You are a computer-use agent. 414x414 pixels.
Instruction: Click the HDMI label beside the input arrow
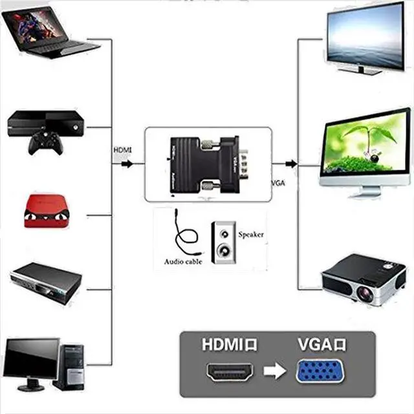coord(122,150)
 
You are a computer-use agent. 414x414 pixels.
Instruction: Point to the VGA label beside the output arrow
coord(279,183)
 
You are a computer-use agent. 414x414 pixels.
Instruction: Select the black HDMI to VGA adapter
coord(207,162)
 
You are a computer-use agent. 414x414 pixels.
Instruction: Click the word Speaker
coord(251,234)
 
